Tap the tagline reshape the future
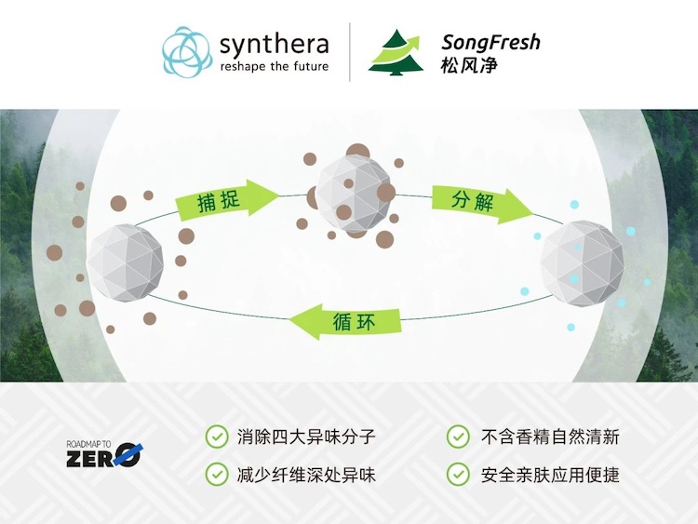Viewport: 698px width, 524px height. tap(274, 66)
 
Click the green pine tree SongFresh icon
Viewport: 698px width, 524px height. tap(395, 51)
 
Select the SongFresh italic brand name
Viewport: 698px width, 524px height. tap(490, 42)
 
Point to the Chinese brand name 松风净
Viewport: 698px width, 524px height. tap(469, 66)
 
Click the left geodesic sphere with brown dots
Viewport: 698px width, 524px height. tap(125, 263)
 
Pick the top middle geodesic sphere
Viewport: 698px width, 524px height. tap(355, 194)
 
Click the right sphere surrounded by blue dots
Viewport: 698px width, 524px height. tap(582, 262)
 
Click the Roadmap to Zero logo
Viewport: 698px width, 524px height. tap(103, 453)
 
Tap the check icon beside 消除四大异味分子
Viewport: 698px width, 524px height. tap(216, 437)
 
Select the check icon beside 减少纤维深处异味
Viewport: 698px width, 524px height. tap(216, 474)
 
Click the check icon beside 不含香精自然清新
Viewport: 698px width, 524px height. tap(458, 437)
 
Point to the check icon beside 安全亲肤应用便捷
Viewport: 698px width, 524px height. tap(458, 474)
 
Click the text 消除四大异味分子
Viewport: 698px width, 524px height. tap(306, 437)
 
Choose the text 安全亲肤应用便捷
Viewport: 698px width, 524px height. tap(550, 475)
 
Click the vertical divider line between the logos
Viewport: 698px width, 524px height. tap(350, 52)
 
